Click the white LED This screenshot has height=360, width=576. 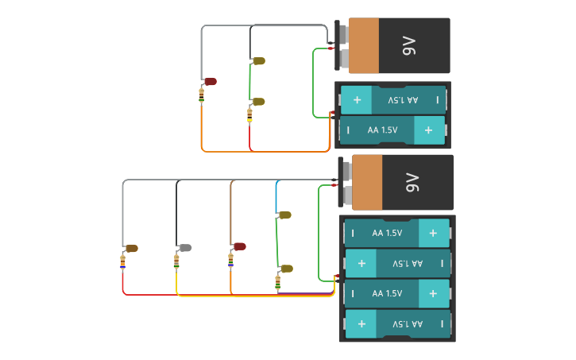click(x=185, y=248)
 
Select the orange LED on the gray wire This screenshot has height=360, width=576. click(x=131, y=249)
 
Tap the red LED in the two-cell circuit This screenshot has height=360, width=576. click(x=211, y=81)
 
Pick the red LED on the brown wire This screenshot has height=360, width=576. click(x=239, y=246)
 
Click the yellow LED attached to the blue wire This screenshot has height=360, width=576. click(x=284, y=215)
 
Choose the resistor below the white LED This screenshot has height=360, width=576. click(x=176, y=260)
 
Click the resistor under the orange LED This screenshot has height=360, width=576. click(x=122, y=260)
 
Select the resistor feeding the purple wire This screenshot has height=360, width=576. click(x=278, y=281)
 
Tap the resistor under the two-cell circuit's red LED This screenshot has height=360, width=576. click(x=201, y=96)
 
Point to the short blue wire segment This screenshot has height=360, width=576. click(x=276, y=195)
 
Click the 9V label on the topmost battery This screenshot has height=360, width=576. click(x=408, y=46)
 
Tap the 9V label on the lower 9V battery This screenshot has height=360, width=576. click(x=412, y=183)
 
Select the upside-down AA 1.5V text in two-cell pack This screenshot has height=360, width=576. click(x=402, y=100)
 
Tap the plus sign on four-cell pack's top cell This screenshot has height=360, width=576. click(x=433, y=233)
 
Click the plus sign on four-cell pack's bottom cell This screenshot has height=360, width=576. click(x=361, y=324)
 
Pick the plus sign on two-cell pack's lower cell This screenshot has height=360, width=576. click(x=429, y=130)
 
